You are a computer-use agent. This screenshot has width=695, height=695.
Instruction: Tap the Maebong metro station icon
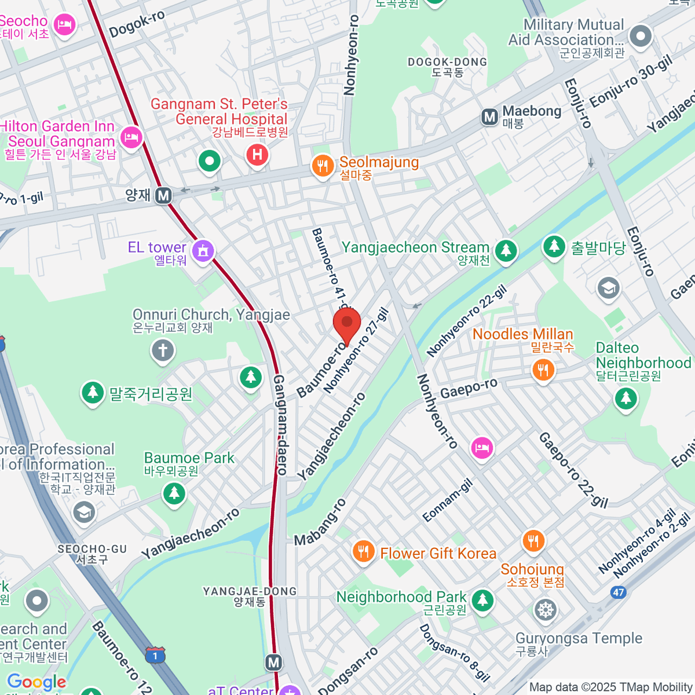coord(490,117)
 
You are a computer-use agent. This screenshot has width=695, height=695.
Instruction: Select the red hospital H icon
coord(257,155)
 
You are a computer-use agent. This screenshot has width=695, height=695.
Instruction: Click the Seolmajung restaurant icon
coord(323,166)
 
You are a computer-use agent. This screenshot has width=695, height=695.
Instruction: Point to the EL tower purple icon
coord(203,251)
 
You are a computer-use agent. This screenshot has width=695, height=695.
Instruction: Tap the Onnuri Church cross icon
coord(163,350)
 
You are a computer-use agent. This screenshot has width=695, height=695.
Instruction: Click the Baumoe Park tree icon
coord(174,493)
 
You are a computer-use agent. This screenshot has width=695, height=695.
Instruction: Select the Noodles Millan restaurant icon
coord(543,369)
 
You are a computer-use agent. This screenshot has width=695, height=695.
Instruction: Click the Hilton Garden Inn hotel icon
coord(131,137)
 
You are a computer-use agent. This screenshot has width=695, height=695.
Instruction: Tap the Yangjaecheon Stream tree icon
coord(506,251)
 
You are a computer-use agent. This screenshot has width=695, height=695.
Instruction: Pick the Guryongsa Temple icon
coord(545,609)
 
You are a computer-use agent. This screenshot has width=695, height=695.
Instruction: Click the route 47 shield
coord(619,592)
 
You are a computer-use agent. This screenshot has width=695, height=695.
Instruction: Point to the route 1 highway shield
coord(155,656)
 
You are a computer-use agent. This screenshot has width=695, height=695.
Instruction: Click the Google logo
coord(36,682)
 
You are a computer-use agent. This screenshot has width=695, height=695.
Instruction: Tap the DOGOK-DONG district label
coord(447,67)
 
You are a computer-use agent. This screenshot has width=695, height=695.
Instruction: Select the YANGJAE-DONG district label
coord(250,596)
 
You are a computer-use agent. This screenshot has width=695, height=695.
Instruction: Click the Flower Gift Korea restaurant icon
coord(363,551)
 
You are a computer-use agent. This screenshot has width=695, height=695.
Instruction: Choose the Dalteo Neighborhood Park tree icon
coord(625,398)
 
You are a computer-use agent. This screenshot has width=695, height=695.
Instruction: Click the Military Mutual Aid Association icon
coord(641,36)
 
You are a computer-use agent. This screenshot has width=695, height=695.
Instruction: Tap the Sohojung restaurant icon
coord(533,541)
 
